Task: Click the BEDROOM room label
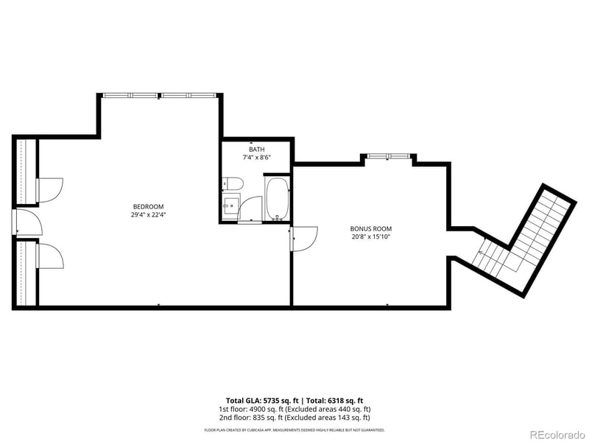148,206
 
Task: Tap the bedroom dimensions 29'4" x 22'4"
148,215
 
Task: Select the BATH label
256,150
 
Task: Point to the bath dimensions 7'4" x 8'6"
256,158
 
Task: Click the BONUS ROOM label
370,228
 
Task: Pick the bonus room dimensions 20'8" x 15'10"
370,237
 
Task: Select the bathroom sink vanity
231,204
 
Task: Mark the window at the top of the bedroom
161,95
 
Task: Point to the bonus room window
387,155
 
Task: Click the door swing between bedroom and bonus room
303,238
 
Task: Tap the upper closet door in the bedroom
50,189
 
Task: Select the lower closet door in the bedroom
50,256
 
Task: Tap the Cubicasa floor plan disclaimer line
294,429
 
